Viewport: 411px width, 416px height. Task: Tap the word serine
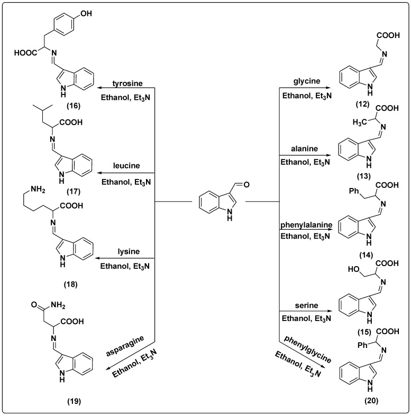pyautogui.click(x=306, y=306)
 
